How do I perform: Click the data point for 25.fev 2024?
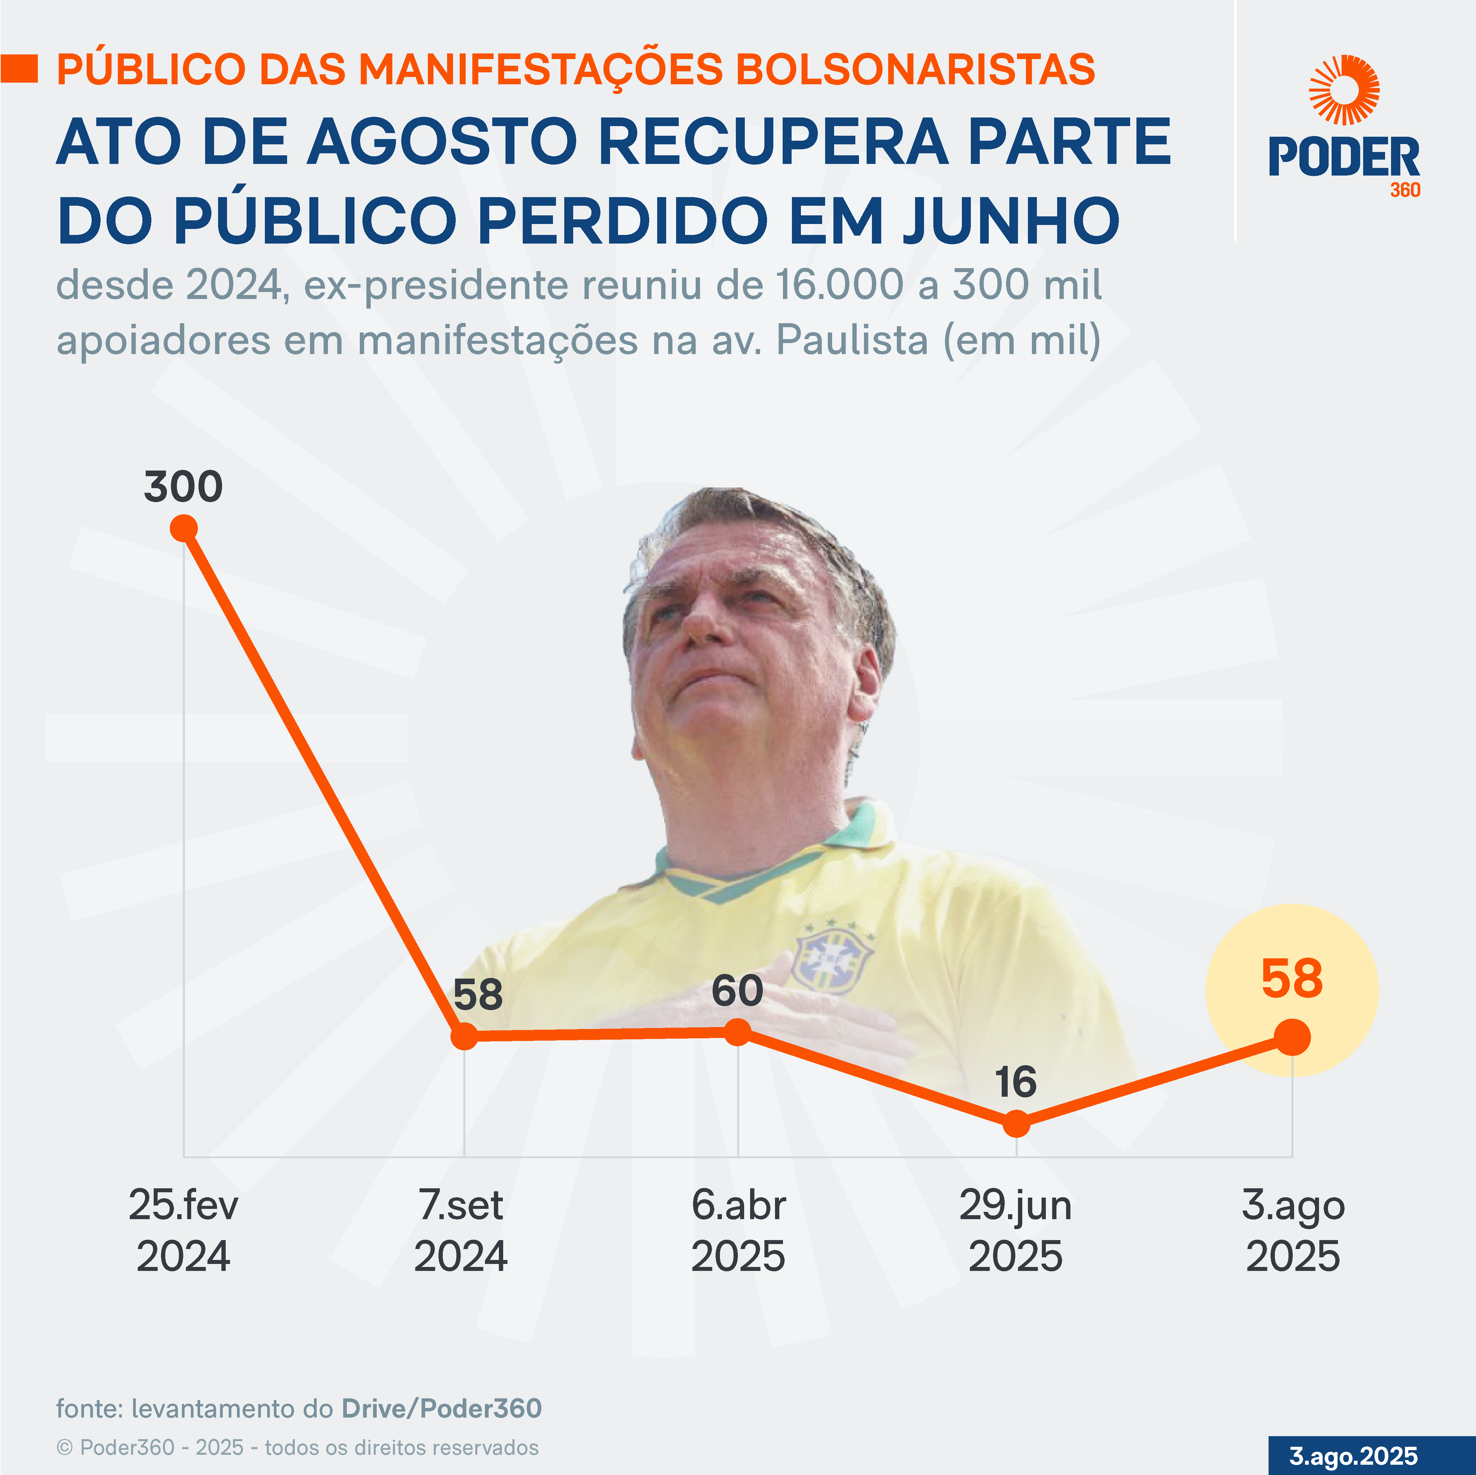(183, 528)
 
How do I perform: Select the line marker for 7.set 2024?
(464, 1037)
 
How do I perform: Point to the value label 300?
(183, 486)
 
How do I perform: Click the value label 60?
(737, 991)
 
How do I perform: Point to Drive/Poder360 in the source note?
(441, 1408)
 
